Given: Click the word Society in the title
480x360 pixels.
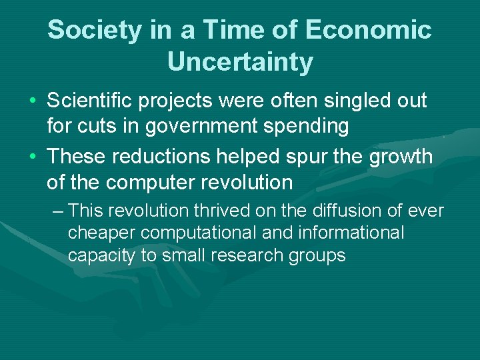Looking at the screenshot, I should pos(92,30).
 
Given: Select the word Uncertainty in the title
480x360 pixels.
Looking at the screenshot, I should pos(240,62).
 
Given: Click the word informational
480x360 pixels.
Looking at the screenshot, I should pos(353,233).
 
